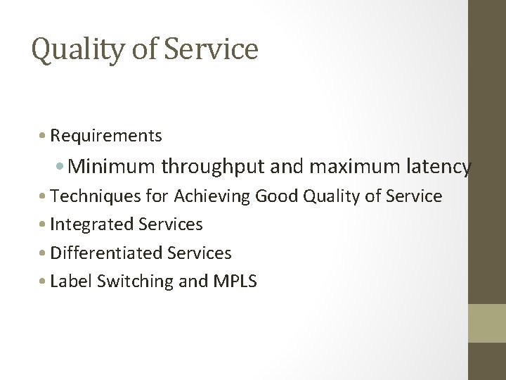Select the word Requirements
(x=106, y=135)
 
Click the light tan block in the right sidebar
(x=486, y=323)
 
